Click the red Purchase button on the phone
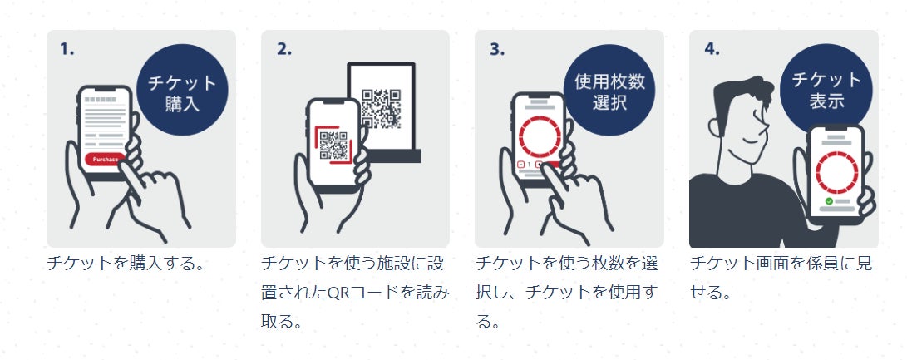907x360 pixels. (x=106, y=159)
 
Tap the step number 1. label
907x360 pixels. (x=67, y=50)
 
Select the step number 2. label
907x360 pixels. (x=284, y=50)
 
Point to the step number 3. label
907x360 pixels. (x=497, y=50)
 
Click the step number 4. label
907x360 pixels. (x=712, y=50)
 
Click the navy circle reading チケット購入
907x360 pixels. (x=182, y=90)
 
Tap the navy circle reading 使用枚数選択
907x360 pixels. (x=609, y=90)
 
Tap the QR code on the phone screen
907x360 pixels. (x=333, y=145)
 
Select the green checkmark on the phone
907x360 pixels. (x=829, y=201)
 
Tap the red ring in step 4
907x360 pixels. (x=837, y=173)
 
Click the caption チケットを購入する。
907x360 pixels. (x=126, y=264)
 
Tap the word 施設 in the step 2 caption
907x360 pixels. (x=392, y=264)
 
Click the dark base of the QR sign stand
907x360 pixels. (x=392, y=155)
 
